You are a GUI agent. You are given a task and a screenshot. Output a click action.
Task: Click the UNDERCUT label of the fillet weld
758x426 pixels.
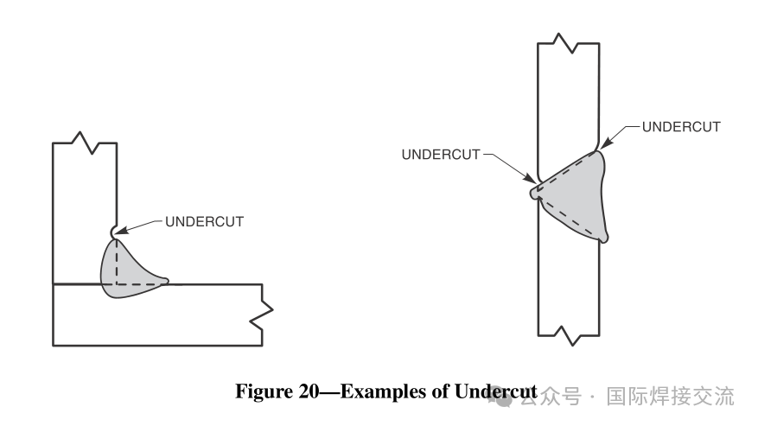[x=204, y=221]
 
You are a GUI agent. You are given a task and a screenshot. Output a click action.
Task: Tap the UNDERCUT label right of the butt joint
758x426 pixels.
[x=680, y=126]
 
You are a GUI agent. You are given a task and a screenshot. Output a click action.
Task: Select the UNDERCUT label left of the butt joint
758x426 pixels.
[x=441, y=155]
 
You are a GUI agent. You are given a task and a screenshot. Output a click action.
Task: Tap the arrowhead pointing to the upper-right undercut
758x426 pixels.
[x=605, y=143]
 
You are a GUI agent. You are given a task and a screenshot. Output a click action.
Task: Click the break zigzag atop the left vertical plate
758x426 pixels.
[x=83, y=141]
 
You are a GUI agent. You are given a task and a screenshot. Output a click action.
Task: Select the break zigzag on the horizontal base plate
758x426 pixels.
[x=262, y=315]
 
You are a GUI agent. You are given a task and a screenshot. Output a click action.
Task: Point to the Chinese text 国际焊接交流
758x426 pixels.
[x=671, y=396]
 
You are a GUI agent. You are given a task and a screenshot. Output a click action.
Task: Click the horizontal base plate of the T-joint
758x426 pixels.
[x=156, y=315]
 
